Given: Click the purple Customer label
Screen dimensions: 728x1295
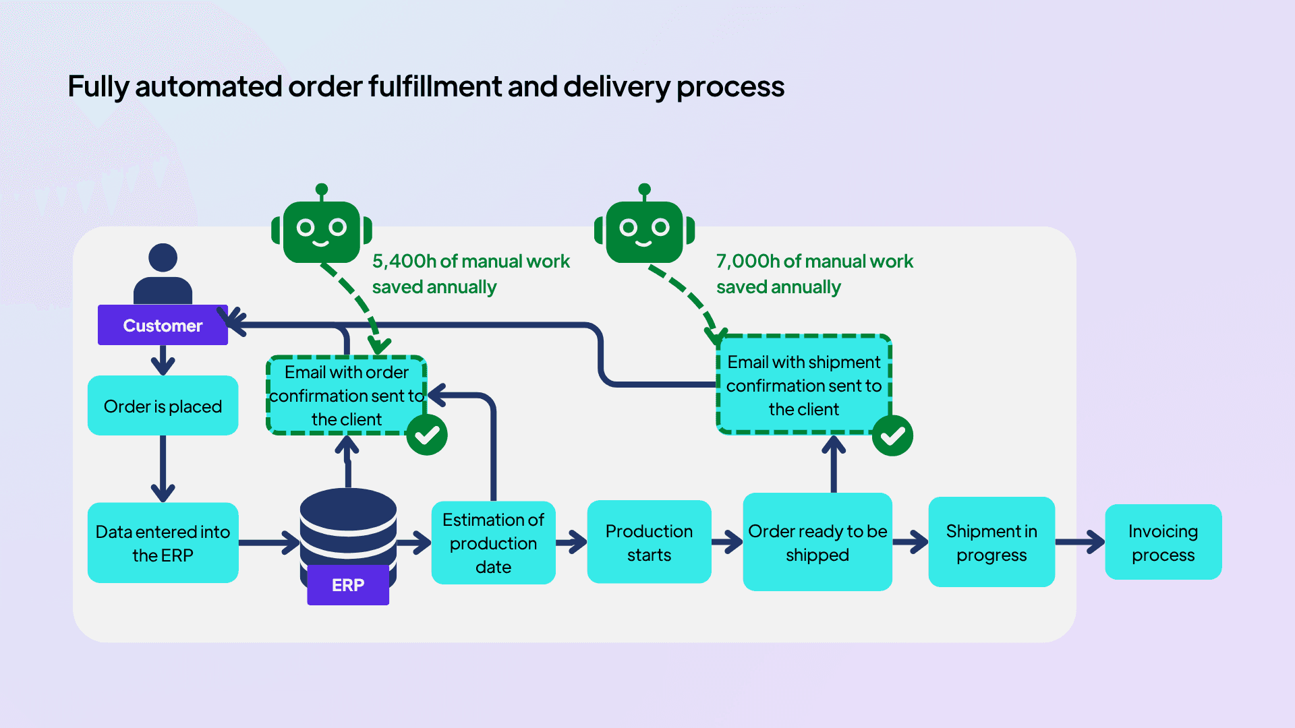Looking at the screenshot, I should point(163,326).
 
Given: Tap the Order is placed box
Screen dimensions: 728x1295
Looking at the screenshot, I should point(163,406).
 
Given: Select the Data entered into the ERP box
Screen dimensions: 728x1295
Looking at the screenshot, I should point(163,543).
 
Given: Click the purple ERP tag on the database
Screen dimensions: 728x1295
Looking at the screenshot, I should point(348,585).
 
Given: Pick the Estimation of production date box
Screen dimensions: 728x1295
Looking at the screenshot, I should point(493,543).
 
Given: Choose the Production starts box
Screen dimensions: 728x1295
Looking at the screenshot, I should point(649,542).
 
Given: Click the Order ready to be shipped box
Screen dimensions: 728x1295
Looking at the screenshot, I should point(817,542).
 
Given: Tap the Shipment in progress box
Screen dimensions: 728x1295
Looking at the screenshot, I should point(991,542).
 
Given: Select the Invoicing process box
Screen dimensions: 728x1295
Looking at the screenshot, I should point(1163,542).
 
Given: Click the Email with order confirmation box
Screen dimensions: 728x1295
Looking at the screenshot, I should point(346,395).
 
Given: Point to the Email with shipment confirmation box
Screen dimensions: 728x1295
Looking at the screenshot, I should point(803,385).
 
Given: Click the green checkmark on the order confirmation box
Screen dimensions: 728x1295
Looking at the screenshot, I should point(427,435).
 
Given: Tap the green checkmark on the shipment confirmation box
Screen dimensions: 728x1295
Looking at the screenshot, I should point(892,436).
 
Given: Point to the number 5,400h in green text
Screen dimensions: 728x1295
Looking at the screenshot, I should point(403,261).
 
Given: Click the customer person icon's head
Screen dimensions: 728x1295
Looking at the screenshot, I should point(163,257).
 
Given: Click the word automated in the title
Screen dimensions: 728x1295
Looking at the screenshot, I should point(208,86).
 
